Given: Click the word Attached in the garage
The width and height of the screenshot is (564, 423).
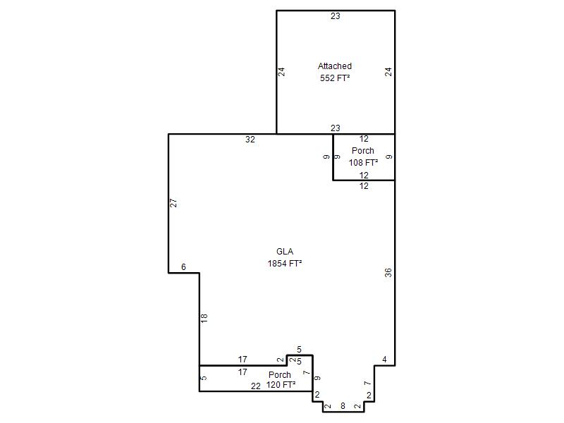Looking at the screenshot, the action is pos(334,66).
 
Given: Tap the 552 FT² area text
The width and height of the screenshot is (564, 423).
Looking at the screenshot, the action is pos(335,78).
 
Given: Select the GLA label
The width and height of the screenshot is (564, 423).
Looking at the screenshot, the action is pos(285,252).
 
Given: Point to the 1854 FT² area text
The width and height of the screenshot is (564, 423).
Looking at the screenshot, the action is pos(285,263).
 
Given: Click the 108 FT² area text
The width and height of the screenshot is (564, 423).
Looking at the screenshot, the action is pos(363,163).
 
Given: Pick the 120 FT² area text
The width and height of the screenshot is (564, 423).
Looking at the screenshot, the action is pos(281,385).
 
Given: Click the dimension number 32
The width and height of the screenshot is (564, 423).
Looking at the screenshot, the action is pos(250,140).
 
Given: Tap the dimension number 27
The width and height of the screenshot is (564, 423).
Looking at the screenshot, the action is pos(173,203).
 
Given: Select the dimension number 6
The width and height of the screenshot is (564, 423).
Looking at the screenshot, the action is pos(183,267).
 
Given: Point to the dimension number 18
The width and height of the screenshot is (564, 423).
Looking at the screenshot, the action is pos(204,318).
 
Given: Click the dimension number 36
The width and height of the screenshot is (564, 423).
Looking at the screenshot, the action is pos(388,273).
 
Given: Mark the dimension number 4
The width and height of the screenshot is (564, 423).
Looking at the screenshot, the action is pos(384,360).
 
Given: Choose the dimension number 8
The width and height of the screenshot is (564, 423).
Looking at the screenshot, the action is pos(343,406).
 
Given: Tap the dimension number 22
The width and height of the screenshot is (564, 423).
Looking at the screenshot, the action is pos(256,386).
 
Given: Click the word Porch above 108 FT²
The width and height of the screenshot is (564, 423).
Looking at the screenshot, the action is pos(363,151).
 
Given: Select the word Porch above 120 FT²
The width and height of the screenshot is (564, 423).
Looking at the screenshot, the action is pos(280,375).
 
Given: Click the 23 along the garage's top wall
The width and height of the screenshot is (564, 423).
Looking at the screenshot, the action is pos(336,16).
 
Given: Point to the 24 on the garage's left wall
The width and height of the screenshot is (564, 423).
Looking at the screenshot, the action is pos(281,72).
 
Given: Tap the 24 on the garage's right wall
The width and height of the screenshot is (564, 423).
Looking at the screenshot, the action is pos(388,72).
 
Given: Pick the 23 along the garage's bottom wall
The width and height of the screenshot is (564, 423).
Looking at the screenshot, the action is pos(336,128).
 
